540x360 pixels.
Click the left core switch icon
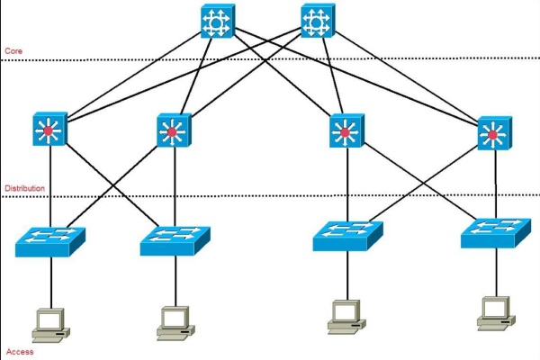[x=219, y=22]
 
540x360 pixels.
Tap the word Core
[x=13, y=51]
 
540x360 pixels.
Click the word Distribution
[x=24, y=188]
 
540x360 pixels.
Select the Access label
[x=19, y=351]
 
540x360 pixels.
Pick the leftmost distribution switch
[x=47, y=132]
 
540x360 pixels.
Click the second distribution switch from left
[x=172, y=132]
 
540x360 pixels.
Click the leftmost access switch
[x=49, y=239]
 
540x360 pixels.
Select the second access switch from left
[x=175, y=239]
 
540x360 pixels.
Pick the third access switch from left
[x=347, y=234]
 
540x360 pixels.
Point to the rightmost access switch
[x=494, y=233]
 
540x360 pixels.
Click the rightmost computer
[x=494, y=310]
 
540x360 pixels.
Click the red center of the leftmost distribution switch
[x=48, y=133]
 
